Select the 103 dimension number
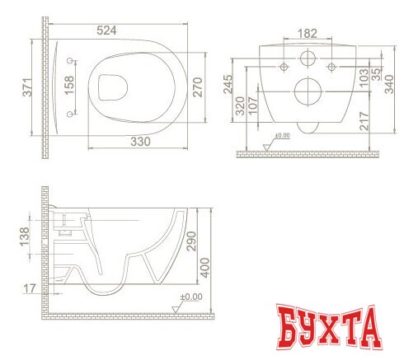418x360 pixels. click(365, 77)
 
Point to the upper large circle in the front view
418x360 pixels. click(307, 60)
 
